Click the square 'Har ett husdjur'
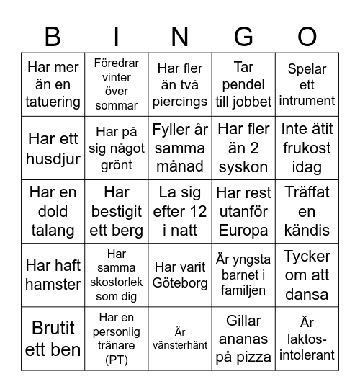click(x=53, y=148)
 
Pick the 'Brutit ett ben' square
click(x=53, y=338)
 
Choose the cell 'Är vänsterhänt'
click(x=180, y=338)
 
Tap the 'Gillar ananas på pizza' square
click(x=243, y=338)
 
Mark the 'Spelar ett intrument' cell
click(x=307, y=84)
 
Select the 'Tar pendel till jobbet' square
click(x=243, y=84)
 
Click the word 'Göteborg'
click(x=180, y=282)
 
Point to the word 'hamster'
click(x=53, y=285)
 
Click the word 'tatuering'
click(x=53, y=102)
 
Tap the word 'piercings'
click(x=180, y=102)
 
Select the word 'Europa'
click(x=243, y=231)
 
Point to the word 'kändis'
click(x=307, y=231)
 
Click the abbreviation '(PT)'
click(x=117, y=360)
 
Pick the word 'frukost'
click(x=307, y=148)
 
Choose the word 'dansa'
click(x=307, y=294)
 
